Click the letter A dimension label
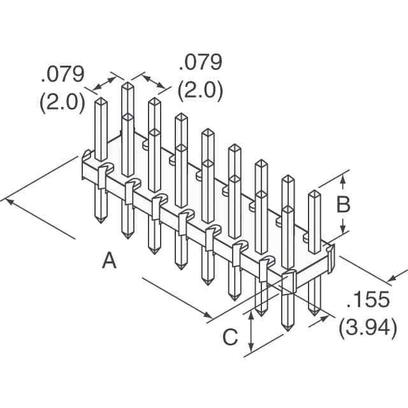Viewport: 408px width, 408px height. (x=110, y=261)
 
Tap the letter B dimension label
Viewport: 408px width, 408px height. (x=343, y=205)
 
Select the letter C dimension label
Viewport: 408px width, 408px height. (x=230, y=337)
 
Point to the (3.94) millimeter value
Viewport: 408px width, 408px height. (x=368, y=328)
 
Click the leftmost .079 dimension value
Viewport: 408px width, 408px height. (x=62, y=75)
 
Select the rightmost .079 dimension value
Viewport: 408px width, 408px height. (x=200, y=62)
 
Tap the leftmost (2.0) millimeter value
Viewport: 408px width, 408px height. (x=62, y=101)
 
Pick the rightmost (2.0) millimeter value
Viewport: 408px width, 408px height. (x=200, y=91)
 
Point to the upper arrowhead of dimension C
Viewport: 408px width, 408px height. (x=253, y=313)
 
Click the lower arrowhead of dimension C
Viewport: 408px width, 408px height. (x=253, y=349)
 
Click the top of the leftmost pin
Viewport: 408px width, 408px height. (x=101, y=100)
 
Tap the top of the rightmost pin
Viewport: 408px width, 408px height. (x=314, y=193)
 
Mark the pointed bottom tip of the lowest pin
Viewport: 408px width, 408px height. (x=288, y=330)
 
